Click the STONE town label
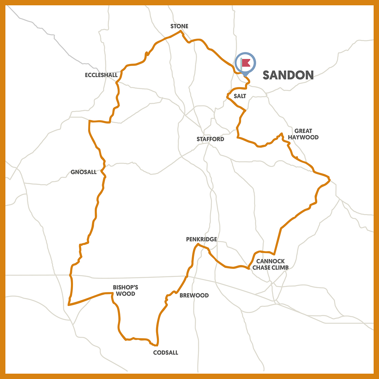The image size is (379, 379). pos(179,26)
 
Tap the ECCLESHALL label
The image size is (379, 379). pos(101,75)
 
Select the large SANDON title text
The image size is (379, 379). pos(288,75)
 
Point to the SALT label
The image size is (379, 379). pos(240,96)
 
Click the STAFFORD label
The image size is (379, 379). pos(210,139)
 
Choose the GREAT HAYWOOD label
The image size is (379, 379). pos(304,134)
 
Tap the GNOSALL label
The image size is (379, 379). pos(83,172)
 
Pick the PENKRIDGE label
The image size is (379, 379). pos(201,239)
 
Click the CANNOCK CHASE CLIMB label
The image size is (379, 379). pos(273,264)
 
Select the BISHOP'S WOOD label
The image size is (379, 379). pos(124,290)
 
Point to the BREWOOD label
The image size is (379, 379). pos(194,295)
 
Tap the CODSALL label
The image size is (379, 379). pos(166,353)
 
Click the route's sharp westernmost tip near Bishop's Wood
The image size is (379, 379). pos(68,305)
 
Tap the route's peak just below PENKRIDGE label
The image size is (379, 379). pos(198,244)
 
